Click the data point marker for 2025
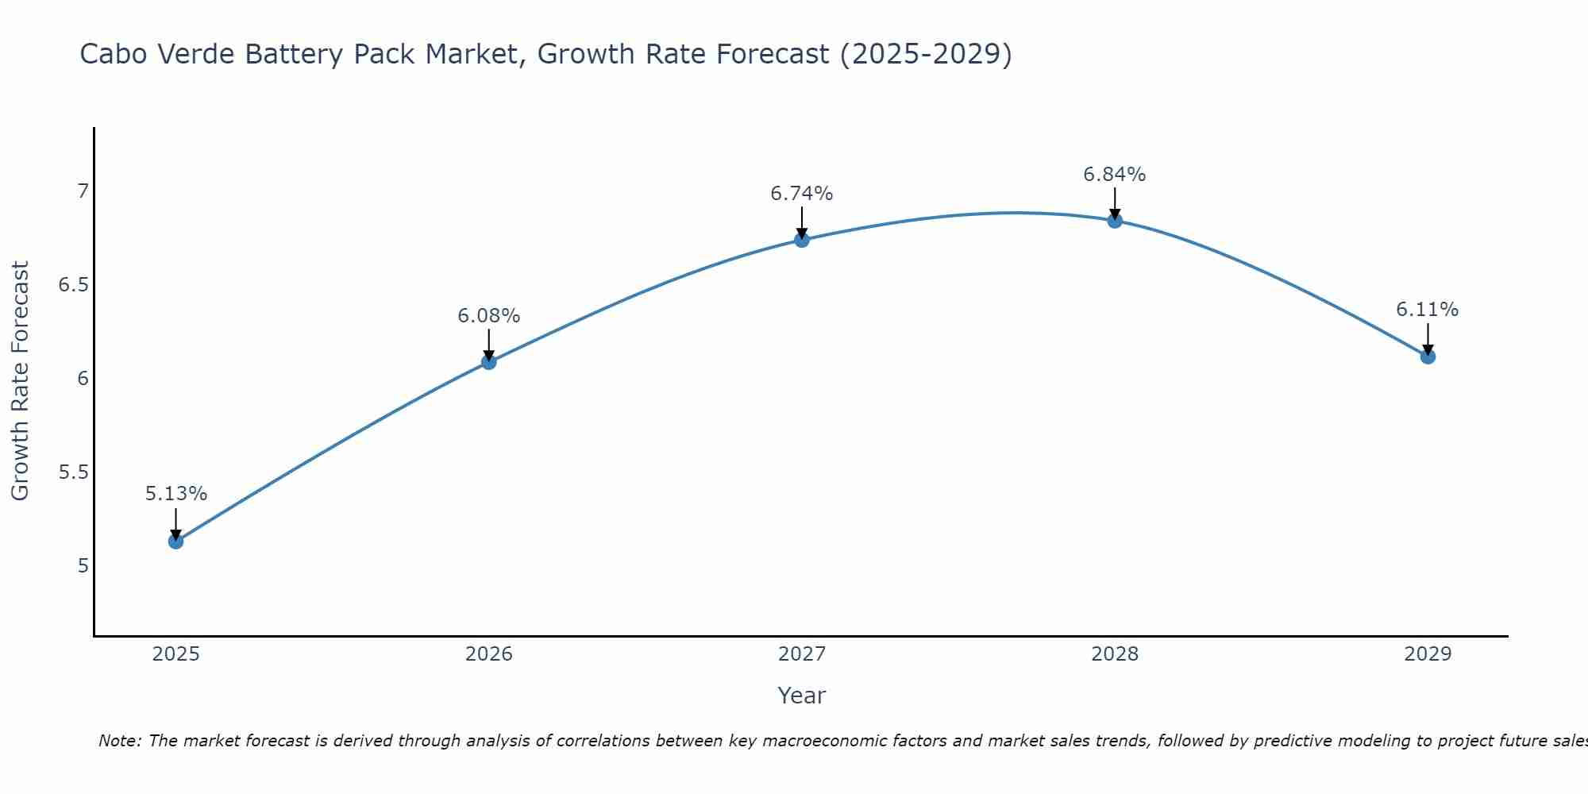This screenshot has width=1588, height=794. coord(175,542)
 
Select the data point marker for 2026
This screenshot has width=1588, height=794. coord(488,362)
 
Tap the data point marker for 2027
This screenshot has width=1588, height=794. coord(802,240)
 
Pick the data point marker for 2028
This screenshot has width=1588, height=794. coord(1115,221)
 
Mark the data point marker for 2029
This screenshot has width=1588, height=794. coord(1428,357)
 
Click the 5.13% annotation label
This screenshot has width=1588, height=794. coord(175,494)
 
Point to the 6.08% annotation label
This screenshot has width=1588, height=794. coord(488,316)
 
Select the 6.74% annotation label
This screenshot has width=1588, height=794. coord(802,194)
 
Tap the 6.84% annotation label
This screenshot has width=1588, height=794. coord(1115,175)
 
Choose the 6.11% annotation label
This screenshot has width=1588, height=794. coord(1428,310)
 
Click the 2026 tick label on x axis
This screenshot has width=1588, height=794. coord(488,654)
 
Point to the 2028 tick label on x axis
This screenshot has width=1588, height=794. coord(1115,654)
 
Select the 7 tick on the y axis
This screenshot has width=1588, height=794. coord(83,191)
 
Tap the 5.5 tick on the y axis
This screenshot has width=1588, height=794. coord(73,472)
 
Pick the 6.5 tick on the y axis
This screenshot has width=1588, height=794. coord(73,285)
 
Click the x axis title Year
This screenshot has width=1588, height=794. coord(802,696)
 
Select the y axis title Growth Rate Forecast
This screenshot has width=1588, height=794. coord(20,381)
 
